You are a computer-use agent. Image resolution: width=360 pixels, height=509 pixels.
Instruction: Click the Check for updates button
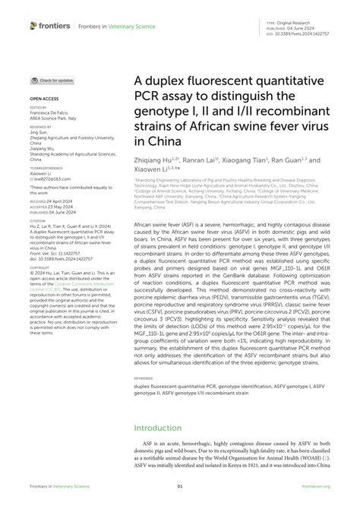52,81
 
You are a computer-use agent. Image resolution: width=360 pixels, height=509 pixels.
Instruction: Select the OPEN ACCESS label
43,100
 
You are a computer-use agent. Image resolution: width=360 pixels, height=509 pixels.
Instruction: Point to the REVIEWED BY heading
41,126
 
